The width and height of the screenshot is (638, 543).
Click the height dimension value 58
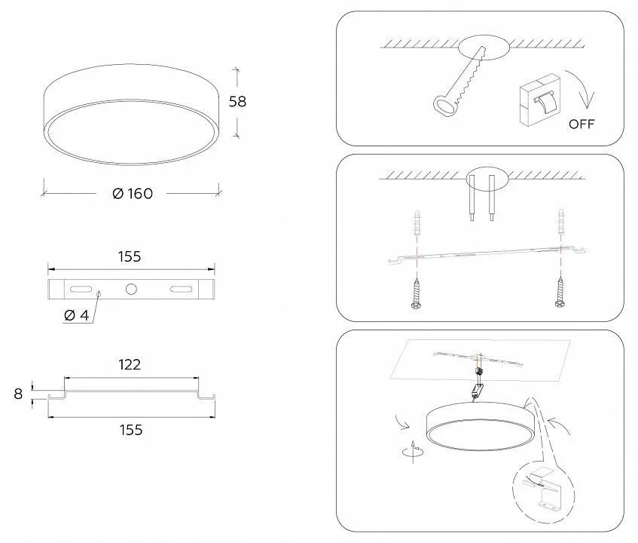point(237,101)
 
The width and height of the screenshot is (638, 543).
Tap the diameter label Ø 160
point(133,194)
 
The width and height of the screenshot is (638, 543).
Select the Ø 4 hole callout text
point(77,315)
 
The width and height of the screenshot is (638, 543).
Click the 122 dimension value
point(130,364)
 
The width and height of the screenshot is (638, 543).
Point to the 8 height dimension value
point(18,394)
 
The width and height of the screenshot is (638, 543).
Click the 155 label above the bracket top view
point(130,256)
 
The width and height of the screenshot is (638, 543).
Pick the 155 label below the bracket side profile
point(131,430)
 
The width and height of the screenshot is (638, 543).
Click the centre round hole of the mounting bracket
point(131,289)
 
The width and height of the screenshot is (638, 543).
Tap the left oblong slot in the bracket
point(81,289)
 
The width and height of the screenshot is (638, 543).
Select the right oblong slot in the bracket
point(181,289)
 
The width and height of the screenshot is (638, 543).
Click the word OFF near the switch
point(582,124)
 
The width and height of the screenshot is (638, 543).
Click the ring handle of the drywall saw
point(444,106)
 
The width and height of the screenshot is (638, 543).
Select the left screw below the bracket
point(416,293)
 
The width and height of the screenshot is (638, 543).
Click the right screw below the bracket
point(560,292)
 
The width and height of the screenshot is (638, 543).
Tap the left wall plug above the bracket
point(417,223)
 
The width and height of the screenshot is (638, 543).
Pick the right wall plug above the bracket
point(561,222)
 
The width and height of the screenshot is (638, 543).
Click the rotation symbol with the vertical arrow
point(413,451)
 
